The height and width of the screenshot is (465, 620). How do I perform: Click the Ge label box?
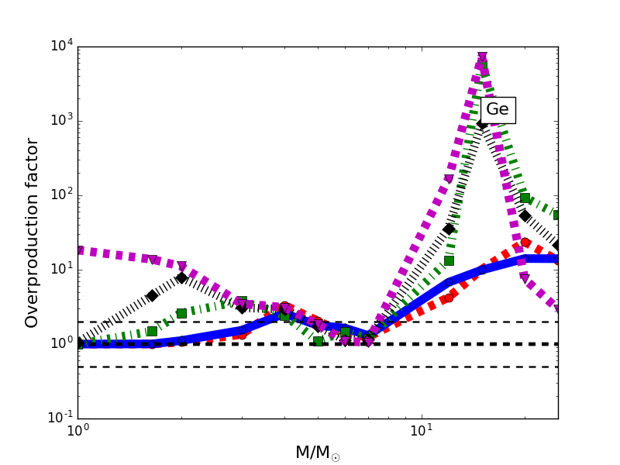[x=498, y=110]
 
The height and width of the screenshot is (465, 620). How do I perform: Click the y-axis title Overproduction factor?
[x=32, y=232]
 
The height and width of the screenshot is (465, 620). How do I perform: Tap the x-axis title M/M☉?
[x=317, y=453]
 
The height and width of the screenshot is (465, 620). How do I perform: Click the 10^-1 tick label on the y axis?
[x=57, y=418]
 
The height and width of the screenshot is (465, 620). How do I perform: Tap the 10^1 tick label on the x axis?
[x=421, y=430]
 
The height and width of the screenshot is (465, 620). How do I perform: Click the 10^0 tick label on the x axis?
[x=77, y=430]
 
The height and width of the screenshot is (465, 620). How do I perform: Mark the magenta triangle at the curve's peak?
[x=482, y=57]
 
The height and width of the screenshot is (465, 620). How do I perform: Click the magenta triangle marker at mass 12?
[x=449, y=180]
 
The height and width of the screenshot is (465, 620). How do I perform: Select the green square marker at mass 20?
[x=525, y=198]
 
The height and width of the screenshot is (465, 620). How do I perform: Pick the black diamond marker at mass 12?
[x=449, y=229]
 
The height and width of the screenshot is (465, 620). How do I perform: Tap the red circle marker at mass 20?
[x=525, y=243]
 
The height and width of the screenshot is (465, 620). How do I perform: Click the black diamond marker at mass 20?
[x=525, y=215]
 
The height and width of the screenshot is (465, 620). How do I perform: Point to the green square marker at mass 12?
[x=449, y=260]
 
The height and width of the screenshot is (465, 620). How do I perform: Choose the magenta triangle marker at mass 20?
[x=525, y=277]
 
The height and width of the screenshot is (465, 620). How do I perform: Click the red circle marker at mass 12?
[x=449, y=298]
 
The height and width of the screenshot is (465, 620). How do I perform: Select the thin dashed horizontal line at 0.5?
[x=232, y=367]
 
